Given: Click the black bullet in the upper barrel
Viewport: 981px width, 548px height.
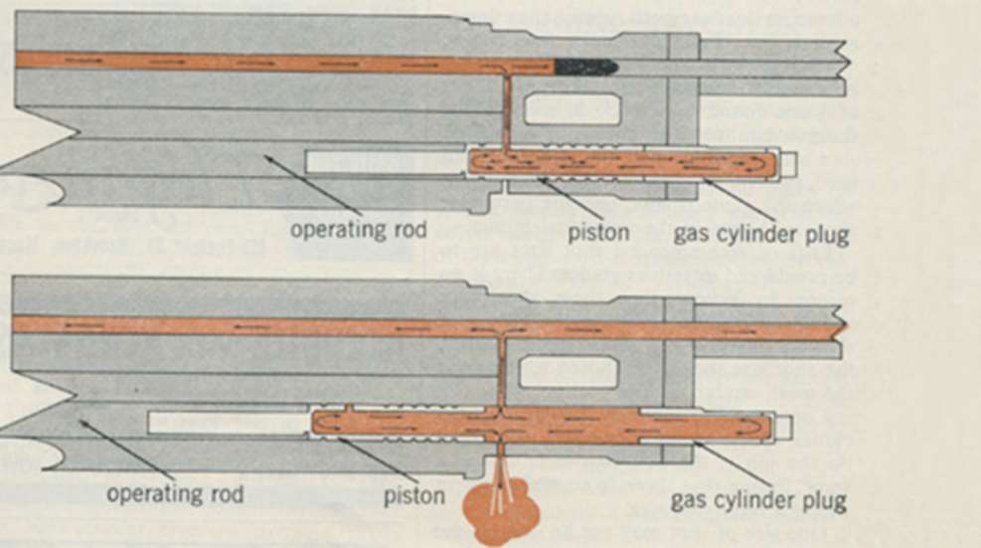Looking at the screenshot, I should [585, 67].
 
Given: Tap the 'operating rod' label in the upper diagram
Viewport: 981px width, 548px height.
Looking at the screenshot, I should [358, 230].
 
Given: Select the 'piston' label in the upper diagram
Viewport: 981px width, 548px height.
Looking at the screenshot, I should [598, 234].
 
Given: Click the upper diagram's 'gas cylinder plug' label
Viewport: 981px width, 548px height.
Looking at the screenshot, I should [761, 236].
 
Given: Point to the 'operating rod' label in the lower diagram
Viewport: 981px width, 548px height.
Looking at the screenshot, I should [177, 493].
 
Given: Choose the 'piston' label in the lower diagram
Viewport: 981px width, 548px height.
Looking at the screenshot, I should [413, 494].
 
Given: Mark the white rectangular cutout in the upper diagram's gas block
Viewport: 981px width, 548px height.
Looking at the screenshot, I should [572, 109].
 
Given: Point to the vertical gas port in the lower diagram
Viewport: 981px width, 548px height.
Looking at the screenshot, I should [502, 372].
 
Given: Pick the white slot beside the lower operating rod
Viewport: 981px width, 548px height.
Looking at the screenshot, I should [228, 423].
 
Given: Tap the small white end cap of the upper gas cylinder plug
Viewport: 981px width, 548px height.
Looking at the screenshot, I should [789, 164].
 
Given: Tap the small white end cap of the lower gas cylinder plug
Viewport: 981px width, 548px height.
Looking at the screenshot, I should [784, 428].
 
